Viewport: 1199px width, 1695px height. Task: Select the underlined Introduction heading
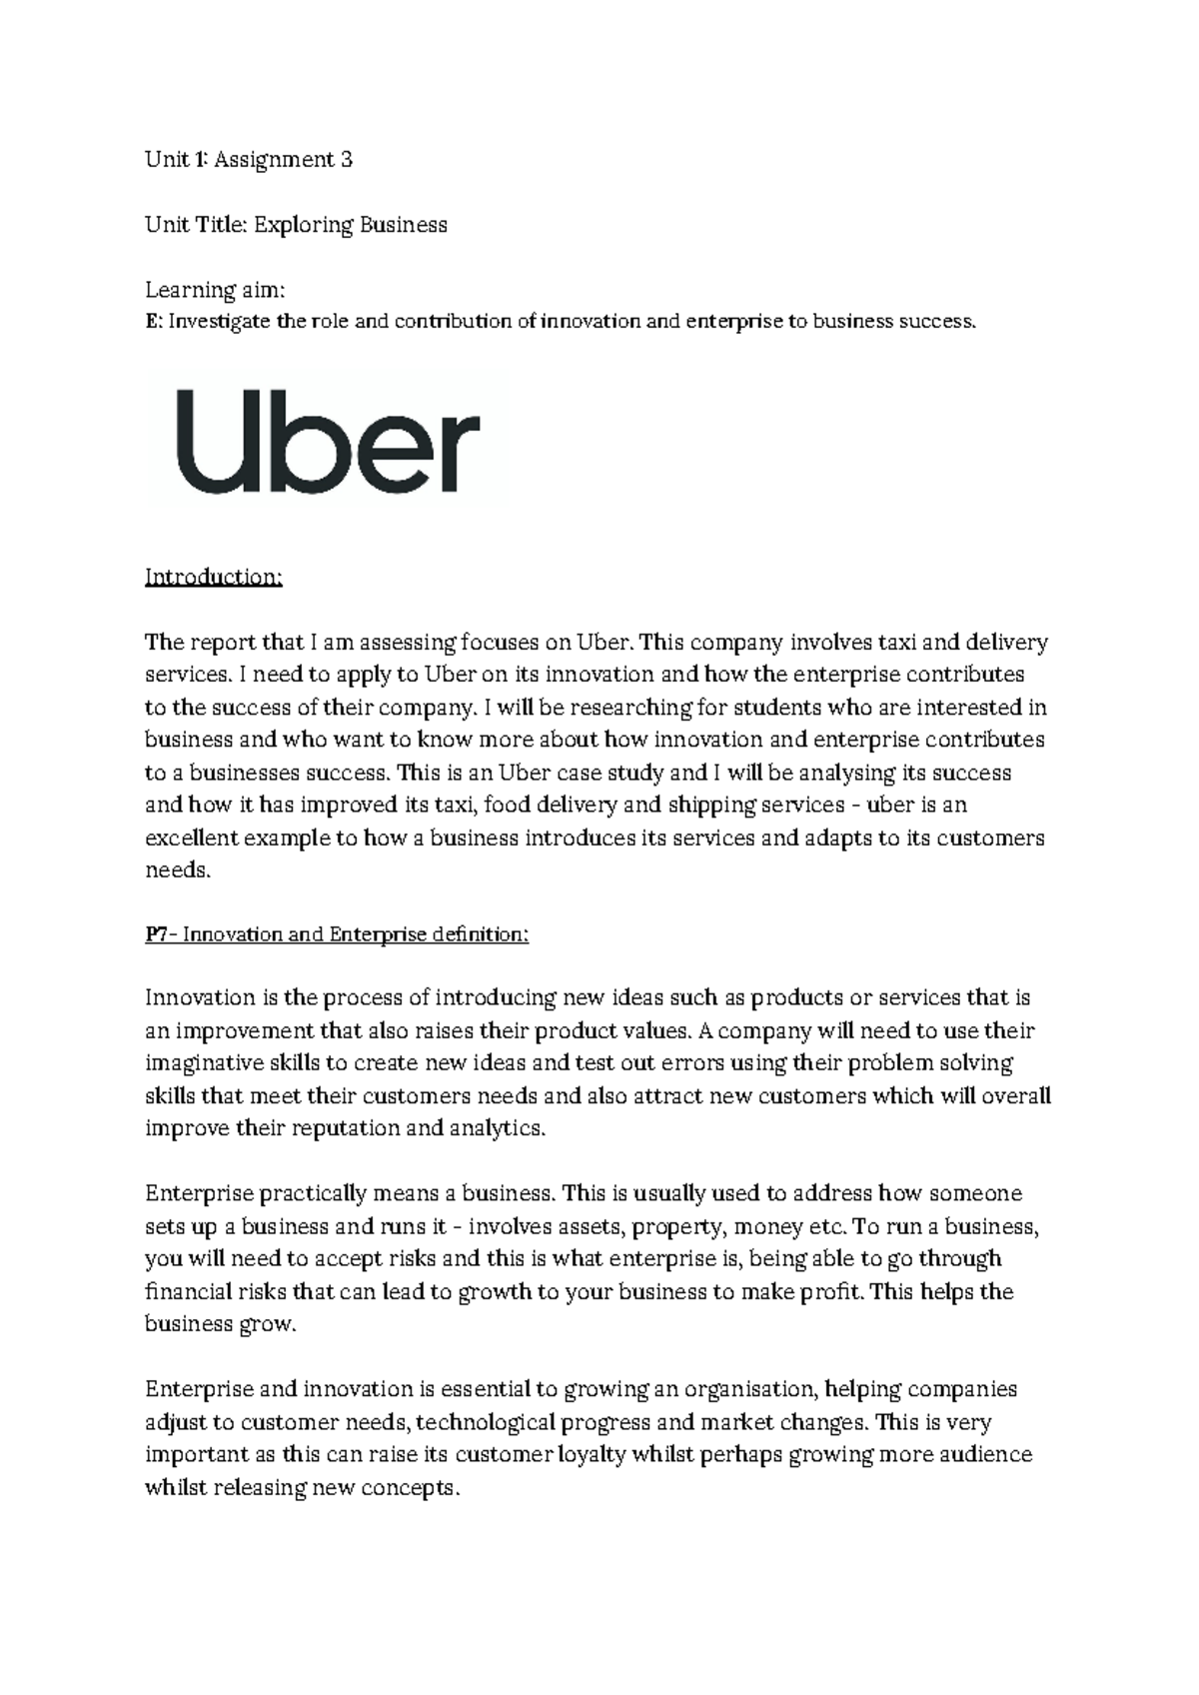214,578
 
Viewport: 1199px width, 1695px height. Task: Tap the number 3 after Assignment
346,159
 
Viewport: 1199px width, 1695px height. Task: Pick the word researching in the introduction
636,708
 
